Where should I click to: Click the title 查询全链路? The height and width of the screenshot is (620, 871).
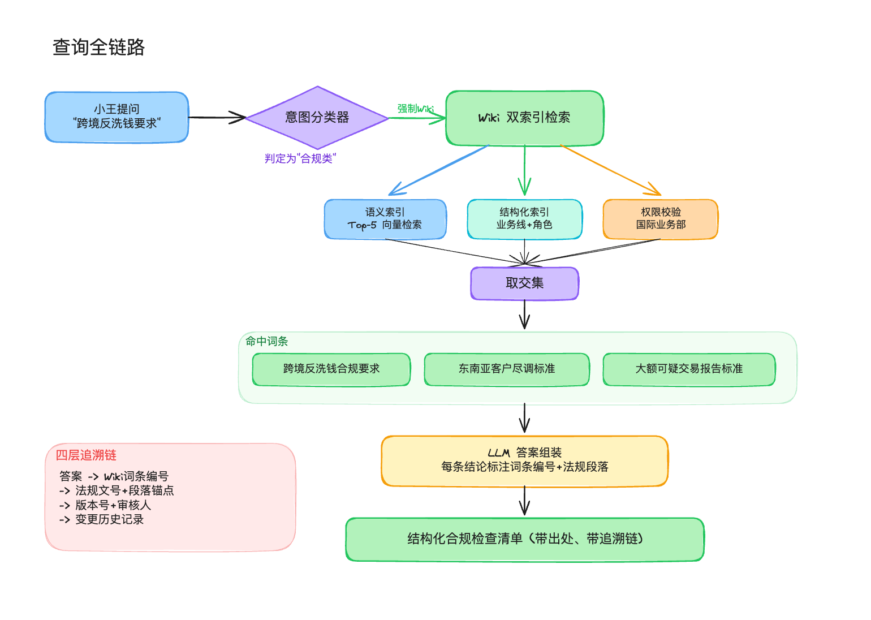(99, 47)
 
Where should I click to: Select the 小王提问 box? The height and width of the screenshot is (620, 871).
(117, 117)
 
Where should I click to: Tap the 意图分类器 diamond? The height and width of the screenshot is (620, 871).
(317, 118)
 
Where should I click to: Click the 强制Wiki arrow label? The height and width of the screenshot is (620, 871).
(415, 108)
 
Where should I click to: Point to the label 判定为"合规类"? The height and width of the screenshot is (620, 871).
(300, 159)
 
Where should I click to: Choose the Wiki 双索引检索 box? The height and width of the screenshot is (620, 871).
(524, 118)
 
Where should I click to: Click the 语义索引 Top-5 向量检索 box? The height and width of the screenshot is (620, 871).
(385, 219)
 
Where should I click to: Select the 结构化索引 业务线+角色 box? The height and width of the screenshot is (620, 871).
(524, 219)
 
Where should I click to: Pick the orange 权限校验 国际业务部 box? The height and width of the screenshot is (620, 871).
(661, 219)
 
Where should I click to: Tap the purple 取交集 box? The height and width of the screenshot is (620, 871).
(524, 283)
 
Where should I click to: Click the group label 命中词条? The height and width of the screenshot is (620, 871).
(267, 341)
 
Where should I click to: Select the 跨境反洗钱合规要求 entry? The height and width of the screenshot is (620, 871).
(331, 369)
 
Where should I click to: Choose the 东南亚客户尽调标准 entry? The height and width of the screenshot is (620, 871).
(507, 369)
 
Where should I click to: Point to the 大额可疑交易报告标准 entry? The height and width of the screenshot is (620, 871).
(689, 369)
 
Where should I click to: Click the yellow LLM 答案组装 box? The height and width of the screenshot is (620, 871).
(524, 460)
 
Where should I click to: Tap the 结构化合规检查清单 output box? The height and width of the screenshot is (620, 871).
(524, 539)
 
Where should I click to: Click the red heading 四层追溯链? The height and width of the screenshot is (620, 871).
(86, 455)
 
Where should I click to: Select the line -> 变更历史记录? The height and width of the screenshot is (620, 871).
(102, 519)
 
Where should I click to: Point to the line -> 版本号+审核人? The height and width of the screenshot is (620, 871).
(105, 505)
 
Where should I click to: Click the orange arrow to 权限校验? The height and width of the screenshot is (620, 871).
(611, 170)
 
